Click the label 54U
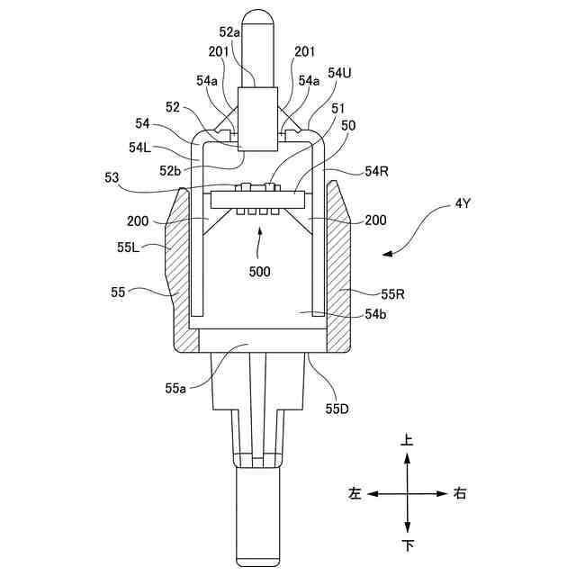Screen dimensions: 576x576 339,73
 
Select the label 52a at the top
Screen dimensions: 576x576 230,33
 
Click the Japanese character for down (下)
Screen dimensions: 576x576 407,545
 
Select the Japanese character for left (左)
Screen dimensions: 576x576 355,494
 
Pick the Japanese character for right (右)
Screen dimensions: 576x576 460,494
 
